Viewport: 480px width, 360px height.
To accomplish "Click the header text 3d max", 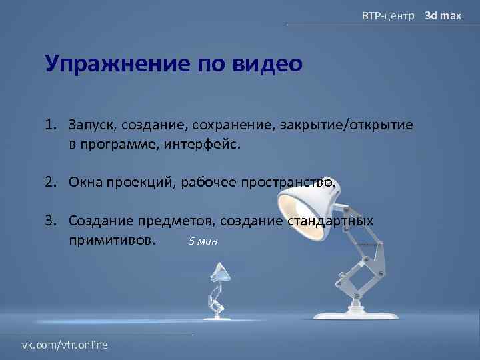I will (x=443, y=15).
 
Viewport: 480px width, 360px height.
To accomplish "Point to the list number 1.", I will (x=51, y=125).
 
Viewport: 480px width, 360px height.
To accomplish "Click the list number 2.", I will (x=51, y=183).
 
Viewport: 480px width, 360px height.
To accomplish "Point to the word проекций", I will (x=139, y=183).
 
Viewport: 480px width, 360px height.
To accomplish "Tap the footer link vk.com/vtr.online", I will (x=65, y=345).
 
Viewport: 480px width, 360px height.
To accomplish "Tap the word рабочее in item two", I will (x=213, y=183).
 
